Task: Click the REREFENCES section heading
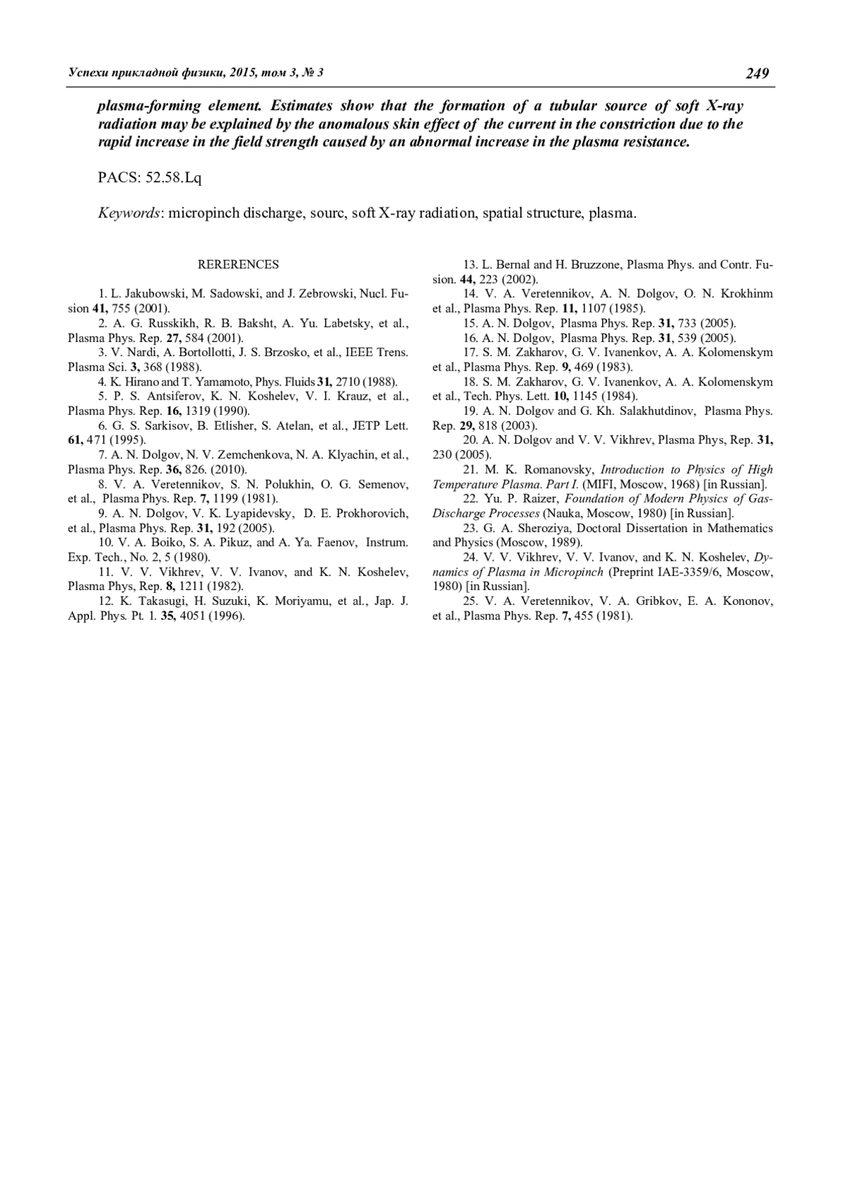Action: point(238,264)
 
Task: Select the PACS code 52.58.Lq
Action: point(173,178)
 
